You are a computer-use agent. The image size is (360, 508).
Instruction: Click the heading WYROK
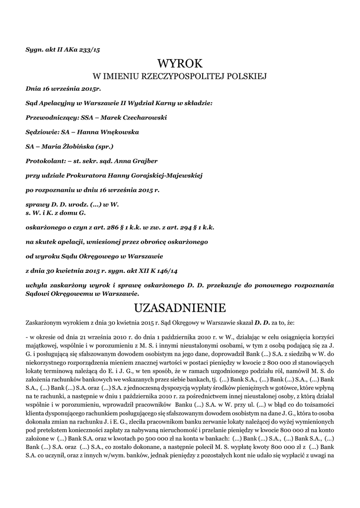tap(180, 63)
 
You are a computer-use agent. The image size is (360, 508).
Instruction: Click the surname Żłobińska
tap(74, 146)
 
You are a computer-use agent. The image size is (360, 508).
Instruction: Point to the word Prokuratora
tap(83, 175)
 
